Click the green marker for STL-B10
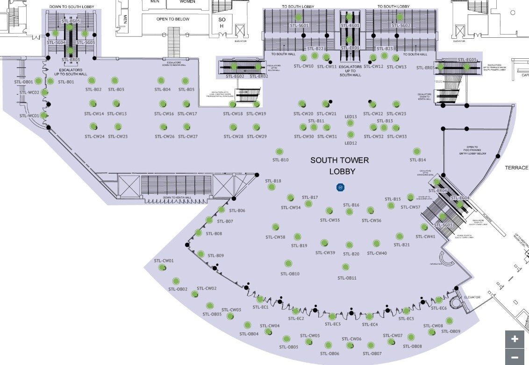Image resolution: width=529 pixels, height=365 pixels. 279,152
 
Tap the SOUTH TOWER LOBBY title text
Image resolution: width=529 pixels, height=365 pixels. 340,166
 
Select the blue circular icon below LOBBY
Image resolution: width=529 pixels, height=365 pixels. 341,187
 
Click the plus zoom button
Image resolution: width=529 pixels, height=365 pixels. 515,339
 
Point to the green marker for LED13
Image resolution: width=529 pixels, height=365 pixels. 350,123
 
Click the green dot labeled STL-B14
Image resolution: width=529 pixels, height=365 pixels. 416,151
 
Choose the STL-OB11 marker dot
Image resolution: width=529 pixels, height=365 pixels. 345,267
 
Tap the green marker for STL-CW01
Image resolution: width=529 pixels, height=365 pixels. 162,267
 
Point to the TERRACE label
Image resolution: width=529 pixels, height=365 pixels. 516,168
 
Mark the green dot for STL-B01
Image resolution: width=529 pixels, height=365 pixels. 50,81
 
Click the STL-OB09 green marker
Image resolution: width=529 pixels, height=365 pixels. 449,321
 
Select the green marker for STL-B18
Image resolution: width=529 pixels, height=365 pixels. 271,187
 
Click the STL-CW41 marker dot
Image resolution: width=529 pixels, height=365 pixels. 424,227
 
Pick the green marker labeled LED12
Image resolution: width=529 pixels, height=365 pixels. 350,135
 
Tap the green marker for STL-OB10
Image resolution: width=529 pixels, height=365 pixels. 287,263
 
